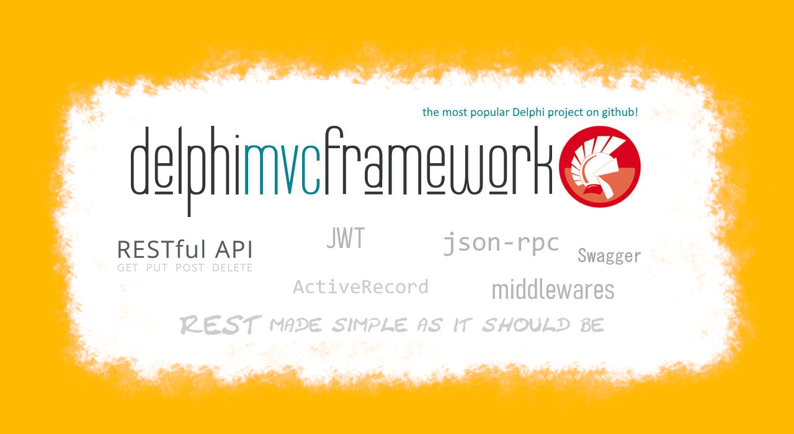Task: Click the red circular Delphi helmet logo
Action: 600,167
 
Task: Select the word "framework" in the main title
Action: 439,161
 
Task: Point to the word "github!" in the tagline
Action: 620,112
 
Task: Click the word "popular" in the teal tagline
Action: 490,113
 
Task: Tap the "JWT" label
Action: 346,238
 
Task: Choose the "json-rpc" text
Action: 501,244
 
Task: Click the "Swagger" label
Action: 609,256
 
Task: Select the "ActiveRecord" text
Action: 361,287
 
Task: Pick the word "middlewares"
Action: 553,290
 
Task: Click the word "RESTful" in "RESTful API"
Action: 161,249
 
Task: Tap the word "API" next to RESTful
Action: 234,249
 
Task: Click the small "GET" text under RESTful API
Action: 128,268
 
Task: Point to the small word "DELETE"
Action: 232,268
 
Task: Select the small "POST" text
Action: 190,268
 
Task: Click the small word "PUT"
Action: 157,268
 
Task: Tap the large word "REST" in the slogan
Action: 221,325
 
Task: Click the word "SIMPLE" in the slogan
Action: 370,325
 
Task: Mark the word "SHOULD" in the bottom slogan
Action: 527,325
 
